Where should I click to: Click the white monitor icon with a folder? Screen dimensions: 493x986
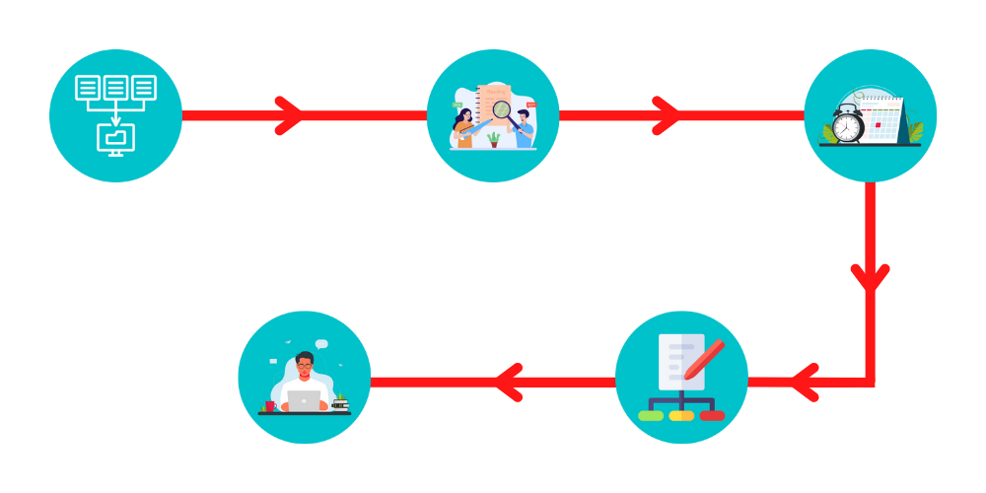[115, 137]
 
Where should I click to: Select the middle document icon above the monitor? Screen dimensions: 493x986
[115, 88]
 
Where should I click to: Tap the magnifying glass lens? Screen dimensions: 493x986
[502, 110]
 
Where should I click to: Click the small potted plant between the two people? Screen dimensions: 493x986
[493, 140]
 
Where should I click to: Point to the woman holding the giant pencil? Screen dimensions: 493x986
[463, 126]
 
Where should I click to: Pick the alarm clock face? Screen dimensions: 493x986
[847, 126]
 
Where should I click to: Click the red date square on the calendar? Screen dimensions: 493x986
[877, 125]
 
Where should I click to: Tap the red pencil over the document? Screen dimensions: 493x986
[704, 360]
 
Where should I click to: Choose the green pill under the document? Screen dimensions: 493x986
[651, 415]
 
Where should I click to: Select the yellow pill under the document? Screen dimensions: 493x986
[681, 415]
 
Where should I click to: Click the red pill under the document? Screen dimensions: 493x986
[712, 415]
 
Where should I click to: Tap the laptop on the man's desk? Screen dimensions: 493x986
[305, 400]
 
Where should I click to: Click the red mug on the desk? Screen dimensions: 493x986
[269, 405]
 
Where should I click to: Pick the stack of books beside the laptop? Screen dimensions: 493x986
[340, 402]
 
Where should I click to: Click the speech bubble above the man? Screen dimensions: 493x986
[321, 343]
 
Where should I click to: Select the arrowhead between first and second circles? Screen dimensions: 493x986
[289, 115]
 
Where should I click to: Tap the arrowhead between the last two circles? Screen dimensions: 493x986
[508, 382]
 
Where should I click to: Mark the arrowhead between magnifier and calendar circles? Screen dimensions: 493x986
[667, 115]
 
